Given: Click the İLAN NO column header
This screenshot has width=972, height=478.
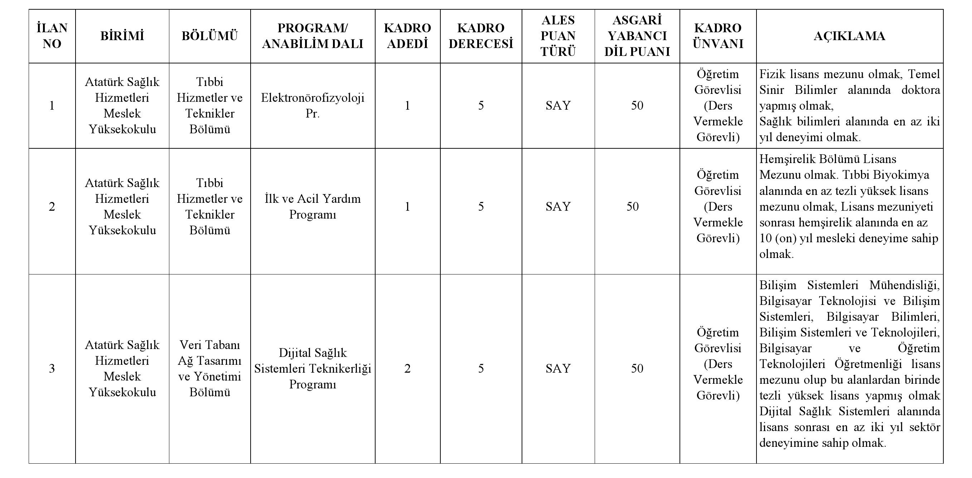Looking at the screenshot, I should pyautogui.click(x=52, y=36).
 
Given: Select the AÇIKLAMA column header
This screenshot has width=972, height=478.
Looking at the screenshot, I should pyautogui.click(x=849, y=36).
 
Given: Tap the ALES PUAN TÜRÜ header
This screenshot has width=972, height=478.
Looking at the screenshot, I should pyautogui.click(x=558, y=36).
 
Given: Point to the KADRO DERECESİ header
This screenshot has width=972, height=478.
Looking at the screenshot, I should pyautogui.click(x=481, y=36).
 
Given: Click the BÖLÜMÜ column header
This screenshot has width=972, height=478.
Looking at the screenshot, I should pyautogui.click(x=210, y=36).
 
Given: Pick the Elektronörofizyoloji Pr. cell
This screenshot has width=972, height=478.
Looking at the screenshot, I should pyautogui.click(x=313, y=105).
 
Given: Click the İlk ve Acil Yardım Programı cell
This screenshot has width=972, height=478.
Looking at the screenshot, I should pyautogui.click(x=313, y=206).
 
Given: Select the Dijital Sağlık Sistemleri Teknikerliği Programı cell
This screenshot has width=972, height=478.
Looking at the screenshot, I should pyautogui.click(x=313, y=368).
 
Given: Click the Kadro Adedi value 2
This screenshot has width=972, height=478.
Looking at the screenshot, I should pyautogui.click(x=407, y=368).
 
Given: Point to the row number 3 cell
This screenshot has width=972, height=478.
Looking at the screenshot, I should pyautogui.click(x=52, y=368).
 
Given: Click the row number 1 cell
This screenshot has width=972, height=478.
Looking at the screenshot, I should pyautogui.click(x=52, y=105).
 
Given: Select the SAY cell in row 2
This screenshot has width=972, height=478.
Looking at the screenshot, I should pyautogui.click(x=558, y=206).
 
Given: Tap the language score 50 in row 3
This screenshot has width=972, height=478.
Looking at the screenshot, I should pyautogui.click(x=637, y=368).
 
